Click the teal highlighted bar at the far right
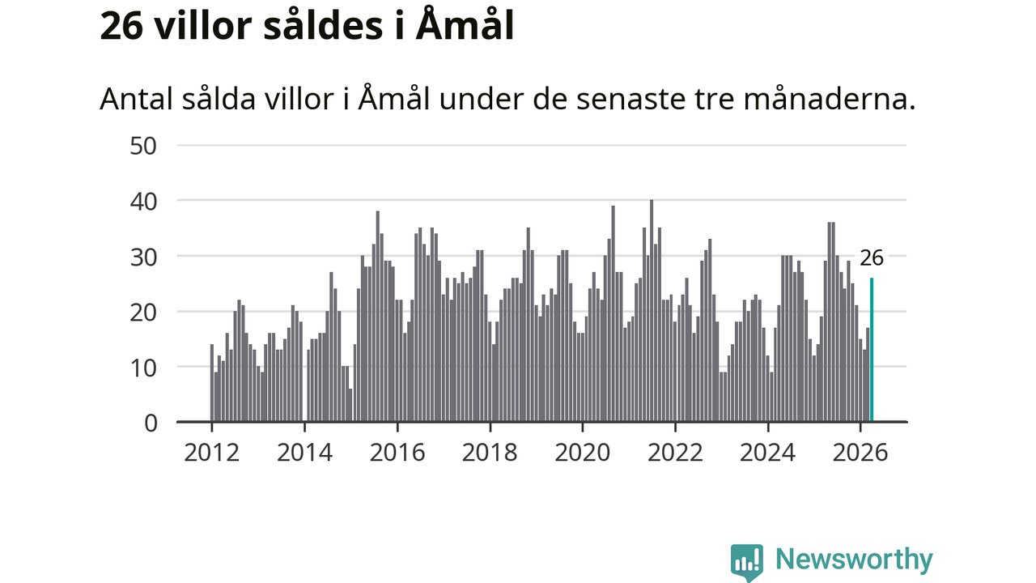pyautogui.click(x=872, y=350)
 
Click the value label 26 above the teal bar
pyautogui.click(x=872, y=258)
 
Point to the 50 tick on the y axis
pyautogui.click(x=143, y=147)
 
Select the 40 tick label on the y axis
pyautogui.click(x=143, y=202)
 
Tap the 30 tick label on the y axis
pyautogui.click(x=143, y=257)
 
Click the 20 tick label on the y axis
pyautogui.click(x=143, y=313)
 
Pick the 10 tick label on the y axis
pyautogui.click(x=143, y=368)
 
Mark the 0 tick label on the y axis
pyautogui.click(x=151, y=423)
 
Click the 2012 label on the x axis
pyautogui.click(x=212, y=453)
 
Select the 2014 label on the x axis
pyautogui.click(x=305, y=453)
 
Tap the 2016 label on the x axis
pyautogui.click(x=397, y=453)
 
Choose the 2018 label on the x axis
pyautogui.click(x=490, y=453)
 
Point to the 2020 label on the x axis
pyautogui.click(x=583, y=453)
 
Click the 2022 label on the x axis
pyautogui.click(x=675, y=453)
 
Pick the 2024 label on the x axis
pyautogui.click(x=768, y=453)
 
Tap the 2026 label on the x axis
pyautogui.click(x=860, y=453)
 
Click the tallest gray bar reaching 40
pyautogui.click(x=652, y=311)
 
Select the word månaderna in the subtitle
pyautogui.click(x=830, y=99)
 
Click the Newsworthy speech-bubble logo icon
pyautogui.click(x=747, y=562)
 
